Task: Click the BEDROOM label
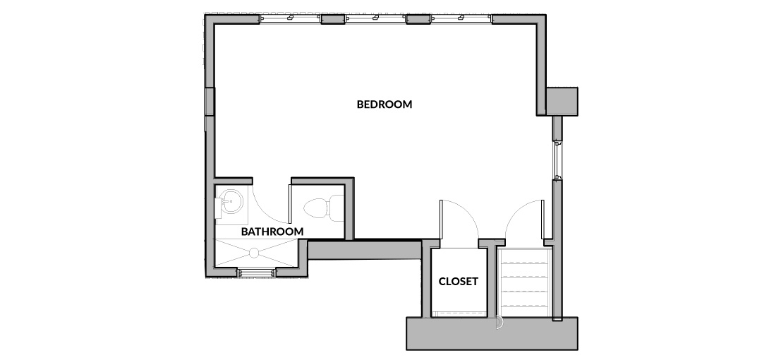coord(384,104)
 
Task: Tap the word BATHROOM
coord(272,232)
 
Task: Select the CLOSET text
coord(458,281)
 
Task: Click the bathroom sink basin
coord(231,201)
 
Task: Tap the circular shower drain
coord(254,252)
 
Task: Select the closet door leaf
coord(440,220)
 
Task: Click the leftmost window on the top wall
coord(290,19)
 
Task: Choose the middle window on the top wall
coord(375,19)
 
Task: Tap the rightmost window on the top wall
coord(461,19)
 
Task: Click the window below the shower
coord(256,272)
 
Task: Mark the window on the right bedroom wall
coord(557,160)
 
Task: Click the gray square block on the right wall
coord(562,101)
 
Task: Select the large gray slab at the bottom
coord(492,333)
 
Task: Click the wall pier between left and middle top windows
coord(332,19)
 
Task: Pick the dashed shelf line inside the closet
coord(459,313)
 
